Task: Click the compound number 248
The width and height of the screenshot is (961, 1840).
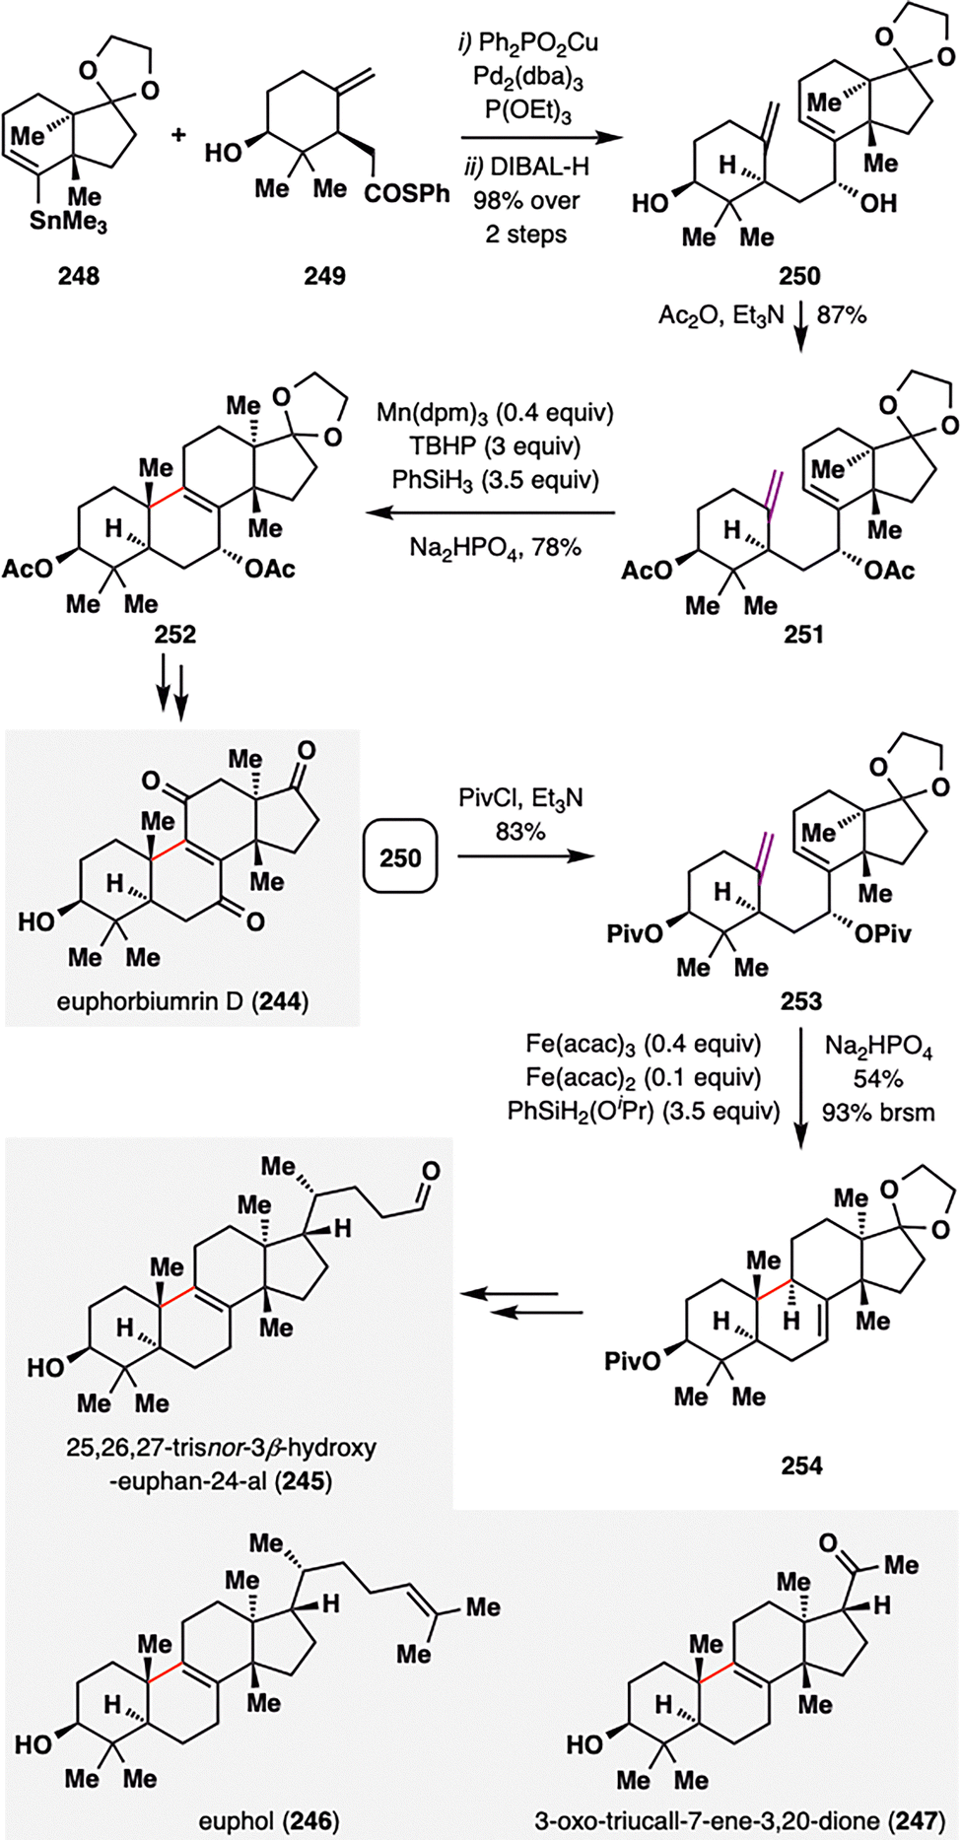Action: coord(79,275)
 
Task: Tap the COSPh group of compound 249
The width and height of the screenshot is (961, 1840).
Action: coord(406,193)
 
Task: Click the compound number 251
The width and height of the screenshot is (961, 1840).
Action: coord(803,634)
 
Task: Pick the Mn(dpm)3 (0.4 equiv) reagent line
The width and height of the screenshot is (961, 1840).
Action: coord(495,412)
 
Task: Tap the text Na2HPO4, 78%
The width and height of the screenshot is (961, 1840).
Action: coord(495,546)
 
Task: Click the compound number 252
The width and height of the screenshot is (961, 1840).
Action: coord(174,634)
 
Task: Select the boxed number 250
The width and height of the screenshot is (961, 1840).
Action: coord(400,857)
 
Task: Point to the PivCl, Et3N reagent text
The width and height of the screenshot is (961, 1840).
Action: coord(520,797)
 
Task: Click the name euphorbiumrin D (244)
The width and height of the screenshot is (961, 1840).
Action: coord(182,1002)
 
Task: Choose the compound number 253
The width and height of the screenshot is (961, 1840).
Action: coord(800,1001)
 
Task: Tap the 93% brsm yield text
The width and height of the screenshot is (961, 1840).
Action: coord(877,1112)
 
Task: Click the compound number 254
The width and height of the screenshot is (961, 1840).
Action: coord(801,1465)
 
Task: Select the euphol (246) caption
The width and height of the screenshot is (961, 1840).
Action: coord(268,1821)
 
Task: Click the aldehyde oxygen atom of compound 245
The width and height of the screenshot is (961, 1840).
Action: coord(431,1171)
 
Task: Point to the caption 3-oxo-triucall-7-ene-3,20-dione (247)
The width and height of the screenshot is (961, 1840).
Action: coord(739,1821)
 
